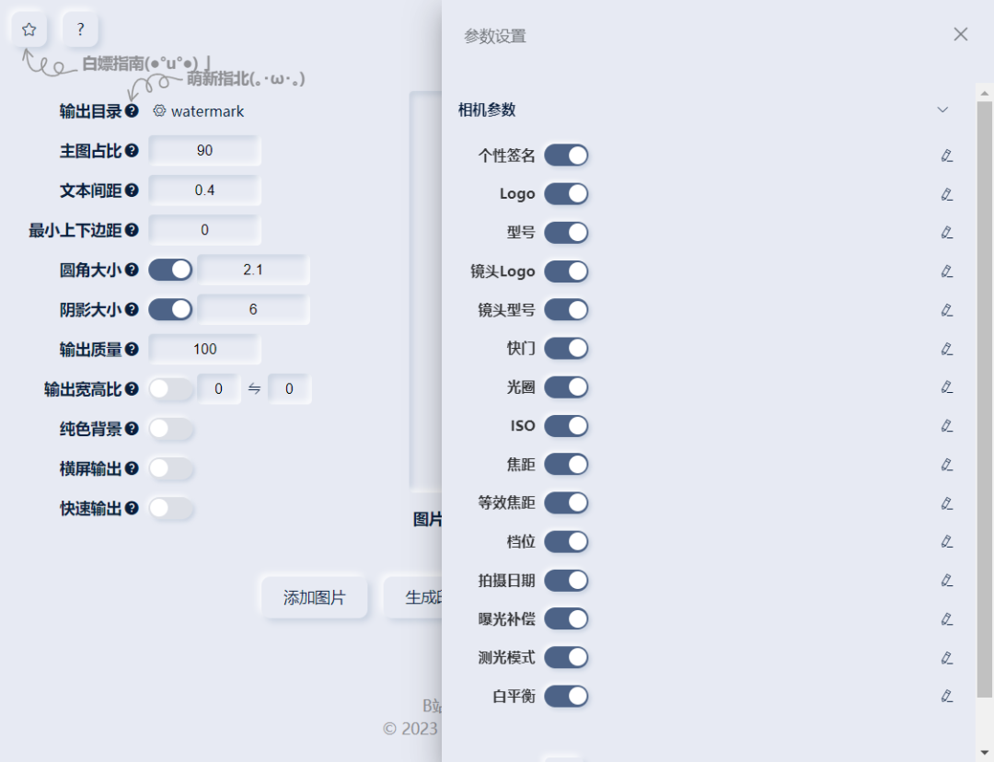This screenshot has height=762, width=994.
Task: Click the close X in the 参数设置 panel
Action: pos(960,34)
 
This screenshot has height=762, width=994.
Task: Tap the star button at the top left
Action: pos(29,29)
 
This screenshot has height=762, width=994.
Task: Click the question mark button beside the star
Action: pos(80,29)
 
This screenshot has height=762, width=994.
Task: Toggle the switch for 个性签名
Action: pos(566,156)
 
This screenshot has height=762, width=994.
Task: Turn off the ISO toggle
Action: pos(566,426)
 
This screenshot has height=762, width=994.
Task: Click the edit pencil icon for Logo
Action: pos(946,194)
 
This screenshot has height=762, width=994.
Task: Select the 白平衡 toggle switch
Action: pos(566,697)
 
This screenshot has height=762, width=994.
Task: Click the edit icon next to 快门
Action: pos(946,349)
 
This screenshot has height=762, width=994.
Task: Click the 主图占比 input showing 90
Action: pos(204,151)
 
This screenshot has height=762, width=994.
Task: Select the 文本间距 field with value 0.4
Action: pos(204,190)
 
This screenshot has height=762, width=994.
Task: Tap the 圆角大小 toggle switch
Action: pos(170,270)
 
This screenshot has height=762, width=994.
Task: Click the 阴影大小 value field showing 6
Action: pos(253,309)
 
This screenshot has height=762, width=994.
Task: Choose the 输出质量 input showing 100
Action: pos(204,349)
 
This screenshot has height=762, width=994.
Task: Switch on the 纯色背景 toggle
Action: pos(170,429)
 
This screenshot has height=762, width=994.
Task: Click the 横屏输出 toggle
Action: pos(170,468)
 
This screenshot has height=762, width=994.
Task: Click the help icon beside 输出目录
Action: pos(133,111)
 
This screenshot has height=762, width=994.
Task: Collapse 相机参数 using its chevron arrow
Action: pos(942,110)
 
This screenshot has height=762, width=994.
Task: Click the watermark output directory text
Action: pos(207,111)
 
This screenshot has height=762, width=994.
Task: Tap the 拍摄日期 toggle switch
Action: pos(566,581)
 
